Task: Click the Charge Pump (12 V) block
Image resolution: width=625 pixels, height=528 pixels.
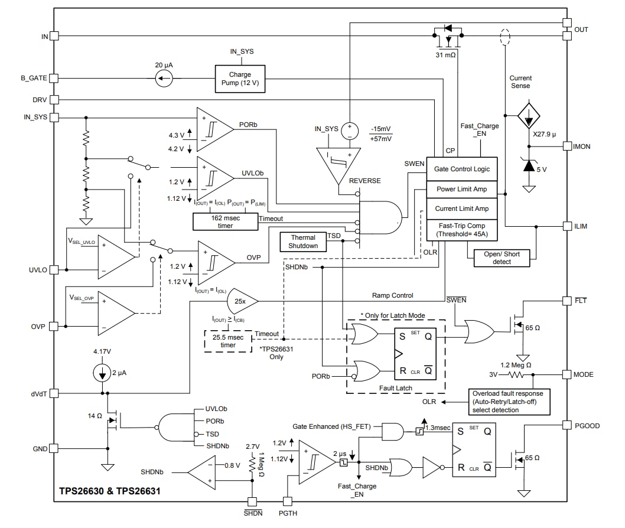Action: (x=240, y=79)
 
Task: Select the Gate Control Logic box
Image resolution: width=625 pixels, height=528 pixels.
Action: (x=462, y=169)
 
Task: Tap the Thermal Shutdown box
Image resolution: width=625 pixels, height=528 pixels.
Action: (x=303, y=242)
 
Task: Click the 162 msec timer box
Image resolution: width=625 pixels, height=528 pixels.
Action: (x=225, y=221)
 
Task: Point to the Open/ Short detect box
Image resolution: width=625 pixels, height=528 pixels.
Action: (x=502, y=257)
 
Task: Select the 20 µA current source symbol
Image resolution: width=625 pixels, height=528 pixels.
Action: (x=164, y=78)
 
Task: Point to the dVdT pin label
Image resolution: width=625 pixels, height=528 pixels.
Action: (x=38, y=393)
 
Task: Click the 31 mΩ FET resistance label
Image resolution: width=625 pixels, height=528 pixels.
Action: (x=446, y=55)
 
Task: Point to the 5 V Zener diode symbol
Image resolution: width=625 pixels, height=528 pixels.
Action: (x=529, y=166)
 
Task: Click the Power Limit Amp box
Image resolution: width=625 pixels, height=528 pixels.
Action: (x=462, y=190)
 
